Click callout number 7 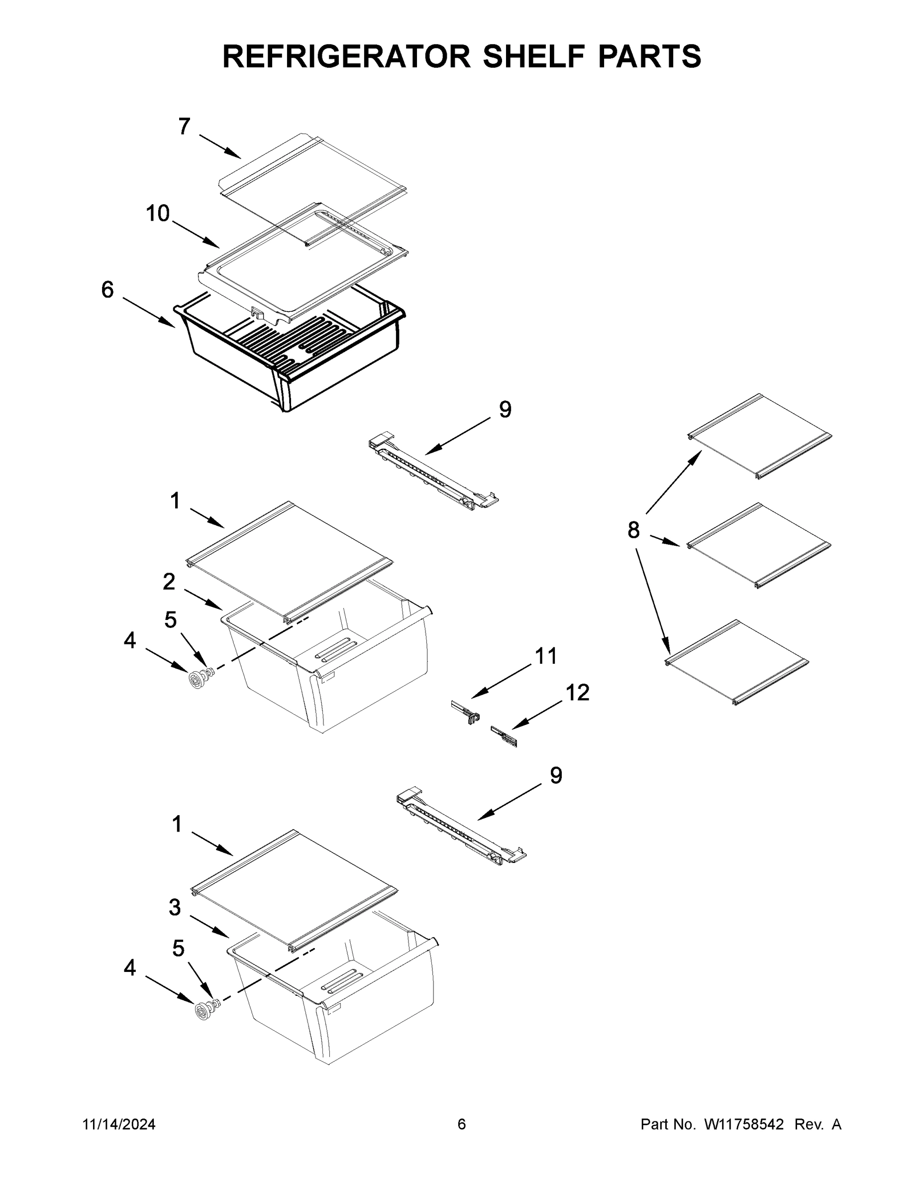coord(184,126)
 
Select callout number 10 coord(157,214)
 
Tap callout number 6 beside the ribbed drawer coord(107,289)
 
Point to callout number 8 coord(633,530)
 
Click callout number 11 coord(546,655)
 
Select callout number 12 coord(577,693)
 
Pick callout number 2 coord(169,582)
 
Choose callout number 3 coord(175,907)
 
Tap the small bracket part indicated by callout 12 coord(504,735)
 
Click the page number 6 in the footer coord(462,1125)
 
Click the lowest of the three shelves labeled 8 coord(737,662)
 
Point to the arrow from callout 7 coord(220,146)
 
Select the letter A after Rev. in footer coord(836,1125)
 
